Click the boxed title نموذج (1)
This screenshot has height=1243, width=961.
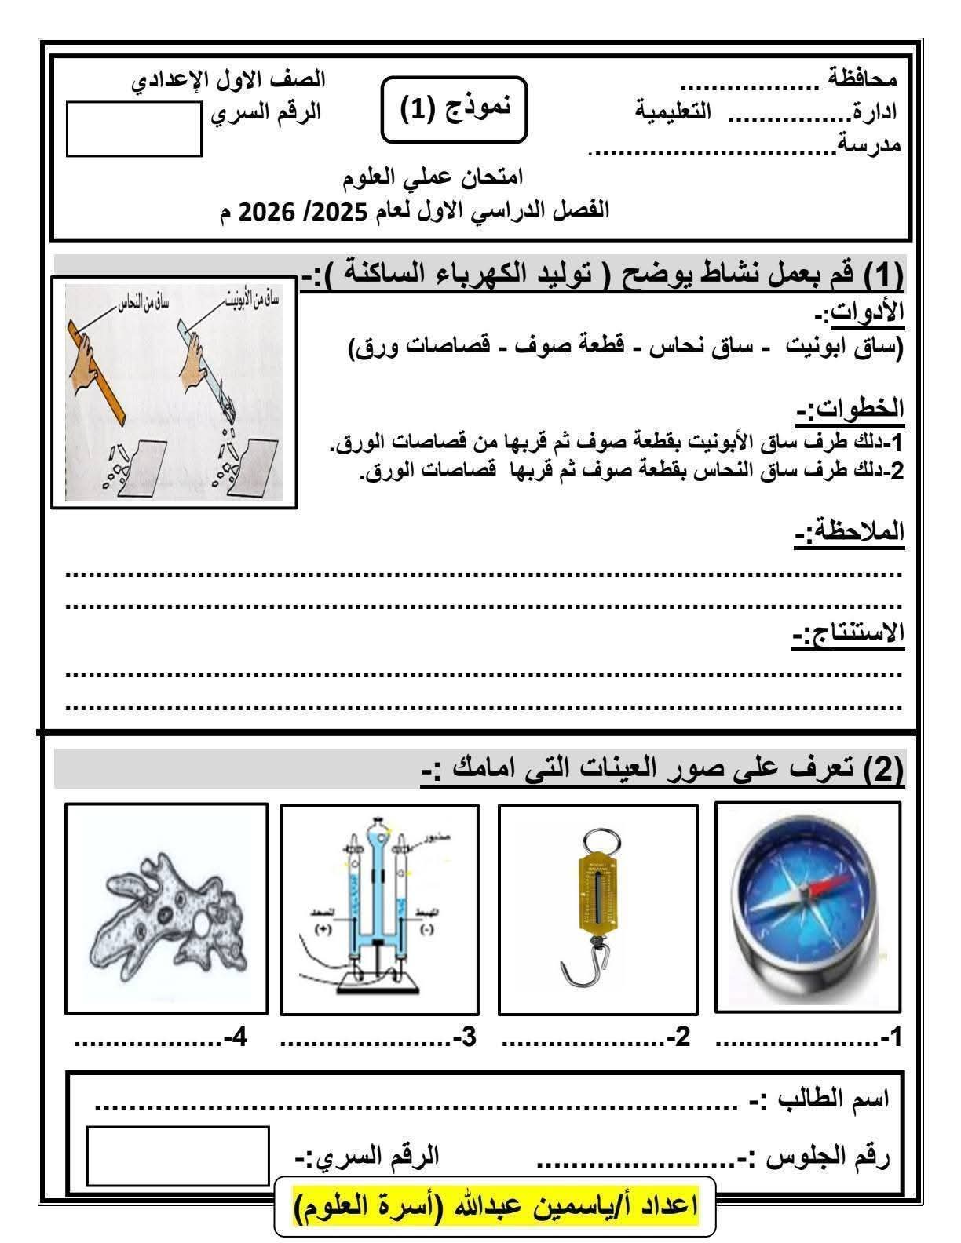[454, 109]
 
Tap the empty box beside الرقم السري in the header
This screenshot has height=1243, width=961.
[134, 129]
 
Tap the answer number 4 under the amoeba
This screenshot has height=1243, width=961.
[236, 1038]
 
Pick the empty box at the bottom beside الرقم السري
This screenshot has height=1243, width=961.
[177, 1156]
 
